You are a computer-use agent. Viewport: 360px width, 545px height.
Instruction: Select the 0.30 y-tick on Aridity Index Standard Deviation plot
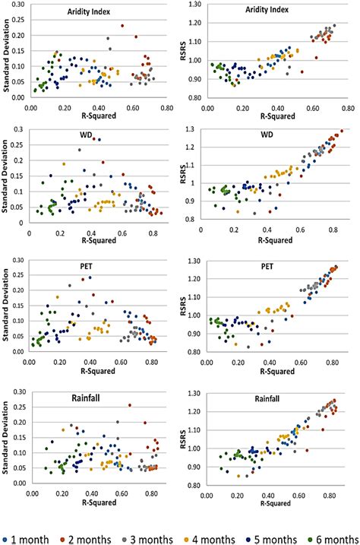click(17, 5)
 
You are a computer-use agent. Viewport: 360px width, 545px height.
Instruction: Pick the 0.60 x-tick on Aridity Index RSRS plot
click(300, 108)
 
